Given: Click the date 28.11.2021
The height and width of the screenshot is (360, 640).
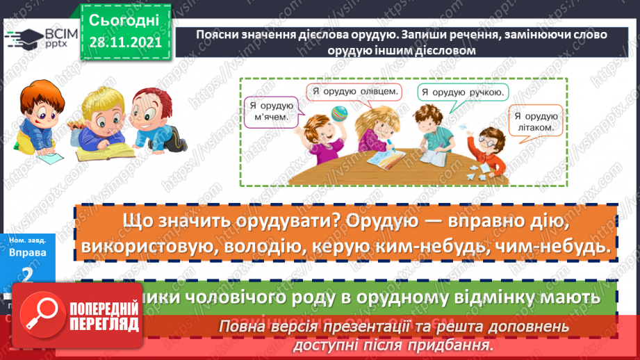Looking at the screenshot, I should click(x=124, y=42).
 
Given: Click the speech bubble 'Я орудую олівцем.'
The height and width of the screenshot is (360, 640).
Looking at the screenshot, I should click(x=354, y=92).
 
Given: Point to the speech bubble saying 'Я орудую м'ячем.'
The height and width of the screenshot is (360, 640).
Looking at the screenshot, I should click(x=272, y=112).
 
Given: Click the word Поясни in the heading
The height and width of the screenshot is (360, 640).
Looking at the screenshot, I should click(x=215, y=35).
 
